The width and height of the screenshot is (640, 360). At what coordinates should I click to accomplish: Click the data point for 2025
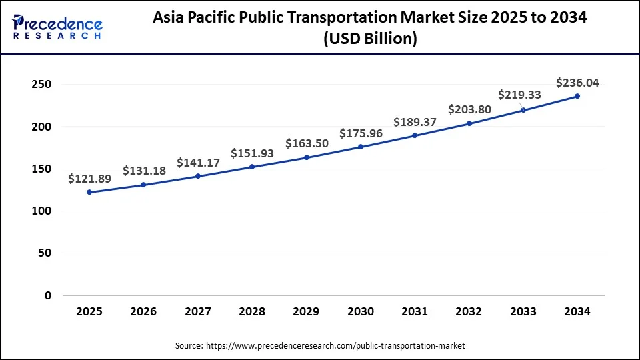click(89, 192)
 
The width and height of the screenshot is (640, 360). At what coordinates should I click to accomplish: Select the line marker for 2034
click(577, 96)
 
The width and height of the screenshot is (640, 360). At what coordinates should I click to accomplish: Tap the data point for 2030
click(361, 147)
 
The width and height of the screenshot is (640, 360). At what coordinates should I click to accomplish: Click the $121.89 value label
click(89, 179)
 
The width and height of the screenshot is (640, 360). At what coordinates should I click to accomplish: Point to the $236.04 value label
click(577, 83)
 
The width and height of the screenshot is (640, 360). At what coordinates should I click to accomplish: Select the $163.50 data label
click(307, 143)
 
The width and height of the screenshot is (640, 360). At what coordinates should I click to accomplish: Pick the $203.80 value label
click(469, 109)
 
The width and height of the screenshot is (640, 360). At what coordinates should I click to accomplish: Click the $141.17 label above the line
click(198, 163)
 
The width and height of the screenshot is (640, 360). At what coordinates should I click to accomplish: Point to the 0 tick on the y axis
click(47, 295)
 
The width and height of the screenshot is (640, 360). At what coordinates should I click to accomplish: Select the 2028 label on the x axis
click(252, 311)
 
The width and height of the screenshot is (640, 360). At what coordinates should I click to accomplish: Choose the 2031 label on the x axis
click(415, 311)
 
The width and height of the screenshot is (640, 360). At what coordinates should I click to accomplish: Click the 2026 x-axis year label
click(143, 311)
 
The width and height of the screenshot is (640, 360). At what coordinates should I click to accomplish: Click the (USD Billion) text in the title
click(370, 39)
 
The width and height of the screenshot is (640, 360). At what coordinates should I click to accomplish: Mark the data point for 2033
click(523, 110)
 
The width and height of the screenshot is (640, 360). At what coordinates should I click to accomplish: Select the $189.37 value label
click(415, 122)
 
